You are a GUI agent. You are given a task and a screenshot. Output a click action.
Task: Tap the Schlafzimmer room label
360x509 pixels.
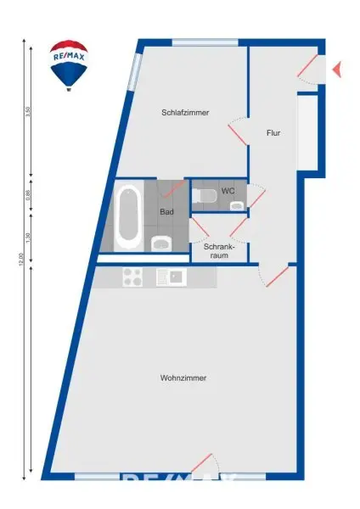(185, 113)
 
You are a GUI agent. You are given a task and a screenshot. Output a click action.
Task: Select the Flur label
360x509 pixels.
(273, 133)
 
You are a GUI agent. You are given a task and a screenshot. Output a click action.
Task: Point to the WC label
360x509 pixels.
(228, 192)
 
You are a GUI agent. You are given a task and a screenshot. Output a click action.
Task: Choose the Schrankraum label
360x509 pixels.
(219, 250)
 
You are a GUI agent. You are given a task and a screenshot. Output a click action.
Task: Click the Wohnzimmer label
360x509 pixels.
(183, 378)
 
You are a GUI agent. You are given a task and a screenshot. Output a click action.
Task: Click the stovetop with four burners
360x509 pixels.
(133, 277)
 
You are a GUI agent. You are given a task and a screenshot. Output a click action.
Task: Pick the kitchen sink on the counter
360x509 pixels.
(171, 277)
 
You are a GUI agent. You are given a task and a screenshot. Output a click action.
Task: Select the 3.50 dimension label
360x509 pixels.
(28, 112)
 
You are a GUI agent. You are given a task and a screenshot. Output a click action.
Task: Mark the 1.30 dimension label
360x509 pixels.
(28, 238)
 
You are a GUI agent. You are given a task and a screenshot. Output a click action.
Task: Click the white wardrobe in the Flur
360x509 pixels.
(307, 131)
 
